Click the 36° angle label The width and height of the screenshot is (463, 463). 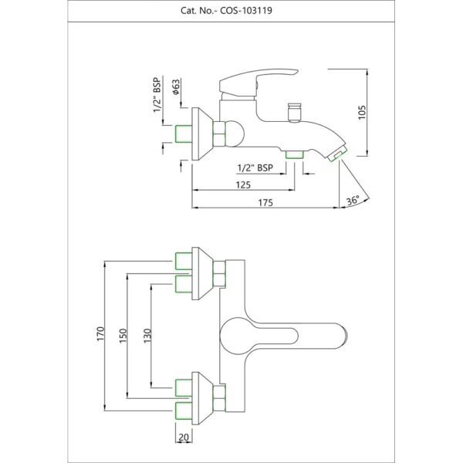tap(353, 201)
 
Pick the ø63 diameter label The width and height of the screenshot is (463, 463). tap(176, 86)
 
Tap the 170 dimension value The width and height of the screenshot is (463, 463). tap(100, 334)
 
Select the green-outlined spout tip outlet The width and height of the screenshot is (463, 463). tap(336, 157)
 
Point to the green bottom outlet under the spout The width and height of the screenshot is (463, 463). tap(293, 156)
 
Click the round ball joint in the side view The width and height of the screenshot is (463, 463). tap(231, 134)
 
